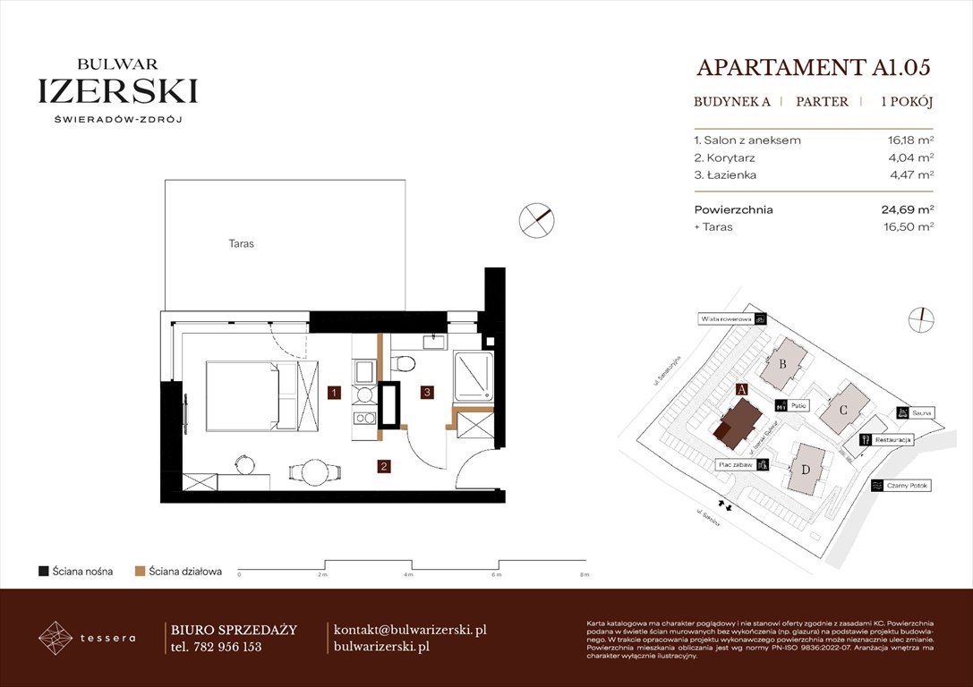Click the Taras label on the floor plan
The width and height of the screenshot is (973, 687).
tap(239, 243)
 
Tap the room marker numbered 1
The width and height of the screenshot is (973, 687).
tap(332, 392)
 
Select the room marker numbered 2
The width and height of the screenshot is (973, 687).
tap(383, 465)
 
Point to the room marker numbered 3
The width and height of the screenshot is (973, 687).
tap(429, 392)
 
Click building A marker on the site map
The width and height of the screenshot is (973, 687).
tap(740, 389)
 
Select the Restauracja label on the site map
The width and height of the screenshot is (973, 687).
tap(892, 440)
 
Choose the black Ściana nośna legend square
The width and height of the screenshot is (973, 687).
tap(43, 571)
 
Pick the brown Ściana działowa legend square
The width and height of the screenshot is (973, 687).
tap(140, 571)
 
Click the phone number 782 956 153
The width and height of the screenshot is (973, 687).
tap(227, 647)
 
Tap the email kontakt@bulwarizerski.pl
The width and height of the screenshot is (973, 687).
tap(409, 630)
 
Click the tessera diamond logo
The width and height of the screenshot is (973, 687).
tap(55, 638)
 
